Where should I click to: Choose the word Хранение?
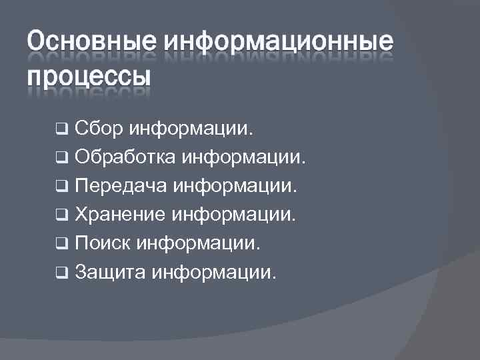coord(122,214)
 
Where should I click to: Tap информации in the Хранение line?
coord(235,214)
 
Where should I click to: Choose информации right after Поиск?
coord(199,243)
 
